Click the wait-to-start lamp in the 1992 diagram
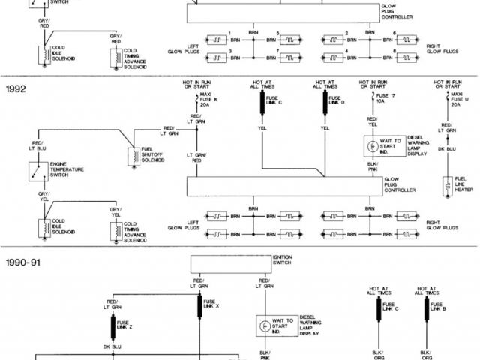click(x=373, y=144)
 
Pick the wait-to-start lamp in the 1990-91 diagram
click(x=265, y=327)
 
